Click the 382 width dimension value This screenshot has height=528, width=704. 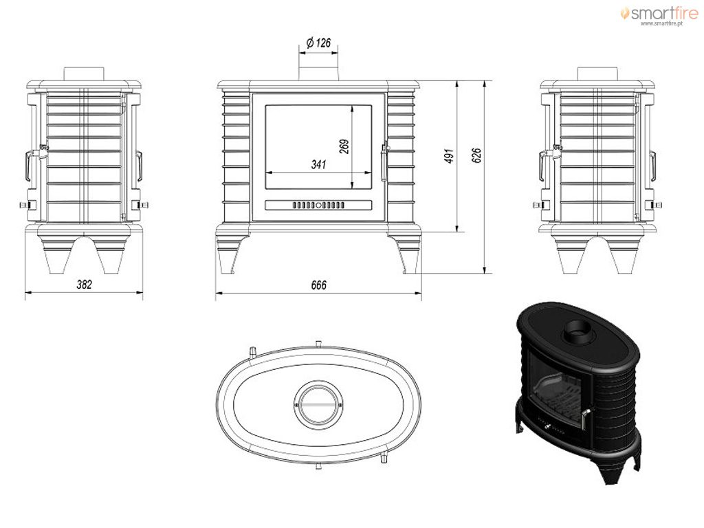click(x=85, y=284)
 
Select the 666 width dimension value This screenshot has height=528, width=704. click(x=319, y=285)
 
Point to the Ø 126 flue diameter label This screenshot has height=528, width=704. click(x=318, y=43)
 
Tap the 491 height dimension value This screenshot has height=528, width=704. click(x=450, y=156)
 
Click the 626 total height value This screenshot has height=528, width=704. click(x=477, y=155)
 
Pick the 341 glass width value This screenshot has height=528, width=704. click(x=319, y=164)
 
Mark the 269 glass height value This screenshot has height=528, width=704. click(x=344, y=147)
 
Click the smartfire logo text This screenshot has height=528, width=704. click(x=664, y=13)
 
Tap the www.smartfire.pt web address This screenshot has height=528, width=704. click(x=661, y=23)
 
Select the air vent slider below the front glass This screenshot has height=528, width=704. click(x=318, y=205)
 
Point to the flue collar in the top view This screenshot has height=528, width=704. click(x=318, y=403)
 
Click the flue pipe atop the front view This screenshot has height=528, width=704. click(x=318, y=74)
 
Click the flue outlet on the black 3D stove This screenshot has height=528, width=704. click(x=580, y=332)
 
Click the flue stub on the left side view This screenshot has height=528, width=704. click(x=84, y=74)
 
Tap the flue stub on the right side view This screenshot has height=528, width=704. click(x=597, y=74)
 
